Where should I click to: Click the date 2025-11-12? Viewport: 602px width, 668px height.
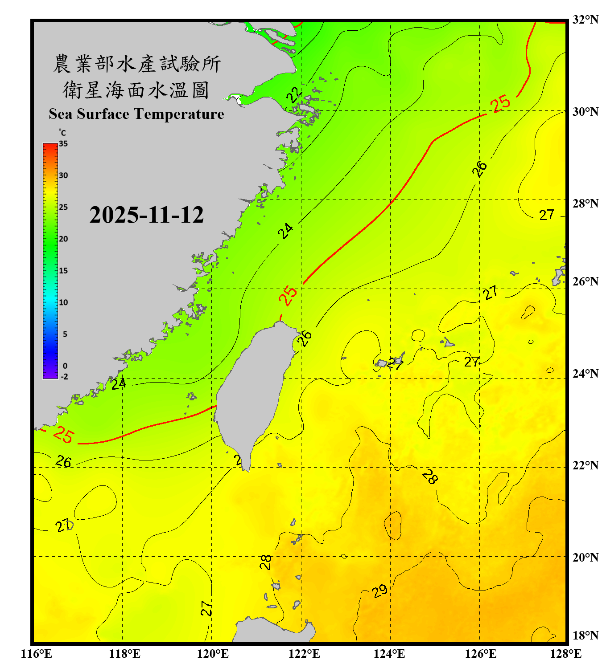point(146,215)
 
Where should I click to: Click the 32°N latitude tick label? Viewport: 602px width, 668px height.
point(585,20)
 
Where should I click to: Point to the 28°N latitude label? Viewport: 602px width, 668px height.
point(585,204)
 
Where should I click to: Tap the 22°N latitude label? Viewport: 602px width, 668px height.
point(585,465)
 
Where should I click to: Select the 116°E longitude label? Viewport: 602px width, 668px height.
point(37,654)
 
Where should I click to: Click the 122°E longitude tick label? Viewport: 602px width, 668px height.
point(304,654)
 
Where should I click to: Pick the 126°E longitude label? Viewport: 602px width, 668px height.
point(481,654)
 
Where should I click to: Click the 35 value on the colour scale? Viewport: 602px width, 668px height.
point(63,144)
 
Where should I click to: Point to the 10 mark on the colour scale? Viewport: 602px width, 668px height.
point(63,302)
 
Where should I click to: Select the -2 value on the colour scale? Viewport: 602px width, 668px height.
point(64,377)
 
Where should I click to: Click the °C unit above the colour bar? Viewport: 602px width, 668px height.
point(62,133)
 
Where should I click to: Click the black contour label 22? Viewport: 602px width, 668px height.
point(294,94)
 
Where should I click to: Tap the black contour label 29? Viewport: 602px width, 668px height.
point(379,591)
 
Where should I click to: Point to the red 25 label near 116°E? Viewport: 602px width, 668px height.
point(63,435)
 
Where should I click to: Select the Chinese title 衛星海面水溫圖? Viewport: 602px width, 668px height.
point(136,90)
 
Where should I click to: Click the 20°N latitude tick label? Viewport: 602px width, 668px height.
point(585,558)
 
